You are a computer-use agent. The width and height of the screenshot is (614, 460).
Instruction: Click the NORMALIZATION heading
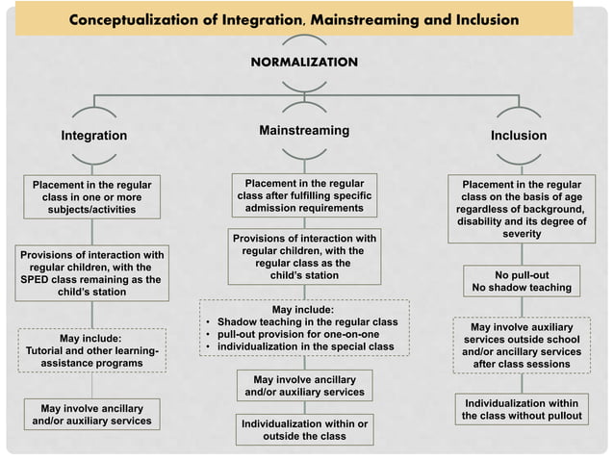304,62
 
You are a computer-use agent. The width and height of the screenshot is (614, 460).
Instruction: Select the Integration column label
94,136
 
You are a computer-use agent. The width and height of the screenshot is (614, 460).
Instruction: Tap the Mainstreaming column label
304,130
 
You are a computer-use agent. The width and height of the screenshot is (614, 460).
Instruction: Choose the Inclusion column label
518,136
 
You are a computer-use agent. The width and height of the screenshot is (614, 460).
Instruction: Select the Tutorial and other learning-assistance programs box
91,351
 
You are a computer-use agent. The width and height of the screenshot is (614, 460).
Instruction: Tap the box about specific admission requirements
304,195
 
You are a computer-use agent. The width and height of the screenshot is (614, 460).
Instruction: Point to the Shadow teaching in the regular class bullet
307,321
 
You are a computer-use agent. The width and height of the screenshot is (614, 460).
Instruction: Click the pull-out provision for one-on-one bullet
298,334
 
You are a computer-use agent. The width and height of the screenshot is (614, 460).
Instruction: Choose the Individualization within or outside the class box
304,429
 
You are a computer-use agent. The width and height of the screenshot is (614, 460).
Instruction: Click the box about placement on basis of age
521,209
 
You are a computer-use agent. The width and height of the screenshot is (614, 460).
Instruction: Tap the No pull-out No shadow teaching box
522,281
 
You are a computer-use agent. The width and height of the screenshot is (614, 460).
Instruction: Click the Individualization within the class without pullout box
522,409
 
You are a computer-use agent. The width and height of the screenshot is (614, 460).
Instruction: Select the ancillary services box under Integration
91,415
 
